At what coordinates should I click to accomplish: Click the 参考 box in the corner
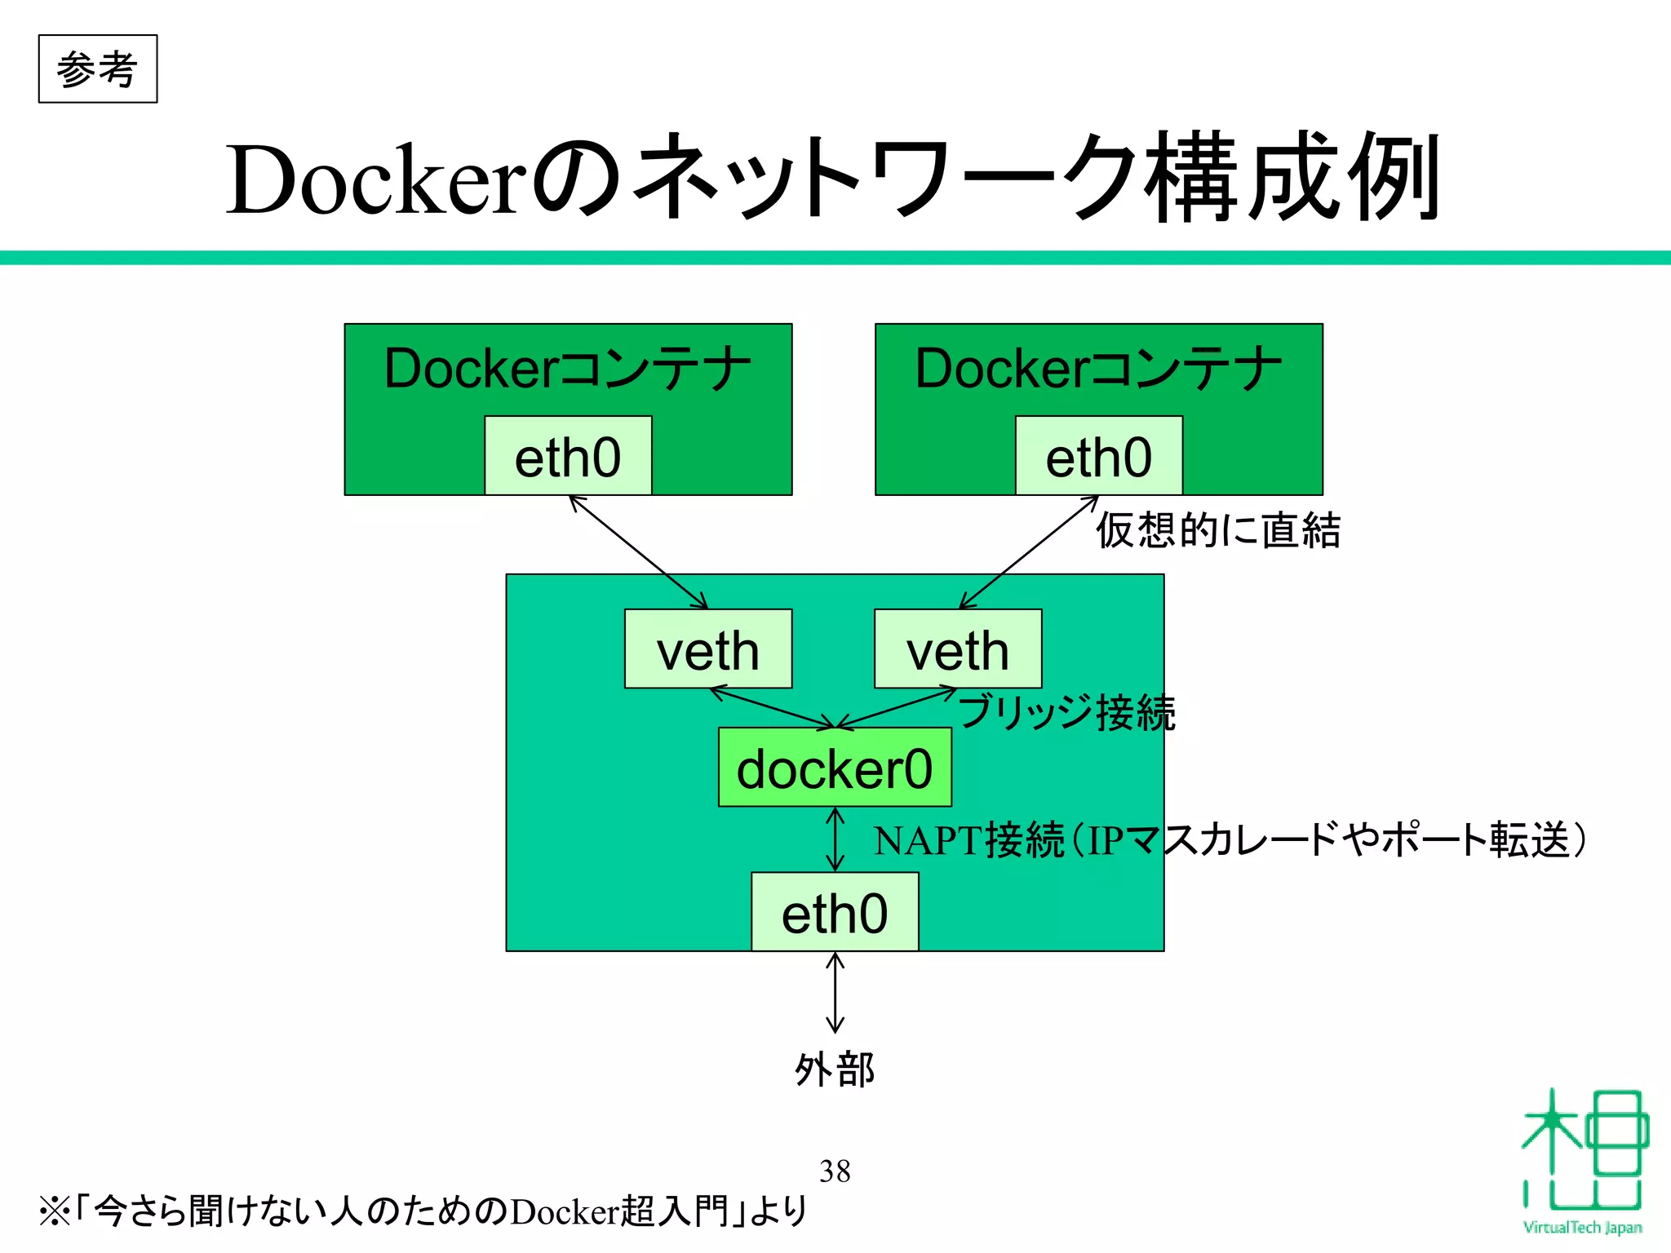coord(97,69)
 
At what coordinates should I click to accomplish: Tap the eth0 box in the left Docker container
coord(568,457)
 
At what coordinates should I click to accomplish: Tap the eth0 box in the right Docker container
coord(1098,457)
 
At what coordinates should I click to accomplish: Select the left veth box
coord(708,650)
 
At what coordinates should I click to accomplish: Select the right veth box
coord(958,650)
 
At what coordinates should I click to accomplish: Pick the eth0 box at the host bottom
coord(835,913)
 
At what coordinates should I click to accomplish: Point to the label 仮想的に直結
coord(1217,530)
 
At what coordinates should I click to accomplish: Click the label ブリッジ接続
coord(1067,712)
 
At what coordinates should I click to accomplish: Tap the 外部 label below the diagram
coord(835,1069)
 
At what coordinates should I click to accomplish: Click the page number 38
coord(835,1171)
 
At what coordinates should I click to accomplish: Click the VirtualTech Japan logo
coord(1583,1158)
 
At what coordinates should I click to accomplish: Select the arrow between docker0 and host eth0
coord(835,839)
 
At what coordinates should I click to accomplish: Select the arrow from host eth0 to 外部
coord(835,993)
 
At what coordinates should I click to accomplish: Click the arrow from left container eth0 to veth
coord(638,552)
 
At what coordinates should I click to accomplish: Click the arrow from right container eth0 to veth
coord(1029,552)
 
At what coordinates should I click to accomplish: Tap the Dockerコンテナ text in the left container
coord(568,368)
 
